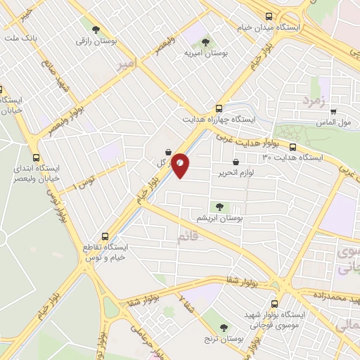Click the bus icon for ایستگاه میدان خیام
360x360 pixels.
click(x=268, y=17)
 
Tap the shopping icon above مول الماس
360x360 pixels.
click(x=333, y=111)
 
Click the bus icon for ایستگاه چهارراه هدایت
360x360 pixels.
click(x=219, y=108)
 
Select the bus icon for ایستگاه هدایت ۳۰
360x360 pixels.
click(x=292, y=146)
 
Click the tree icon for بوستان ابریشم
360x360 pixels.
click(x=220, y=207)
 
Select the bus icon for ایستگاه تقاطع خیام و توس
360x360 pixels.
click(x=105, y=236)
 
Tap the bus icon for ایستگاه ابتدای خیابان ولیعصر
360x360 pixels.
click(x=36, y=158)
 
